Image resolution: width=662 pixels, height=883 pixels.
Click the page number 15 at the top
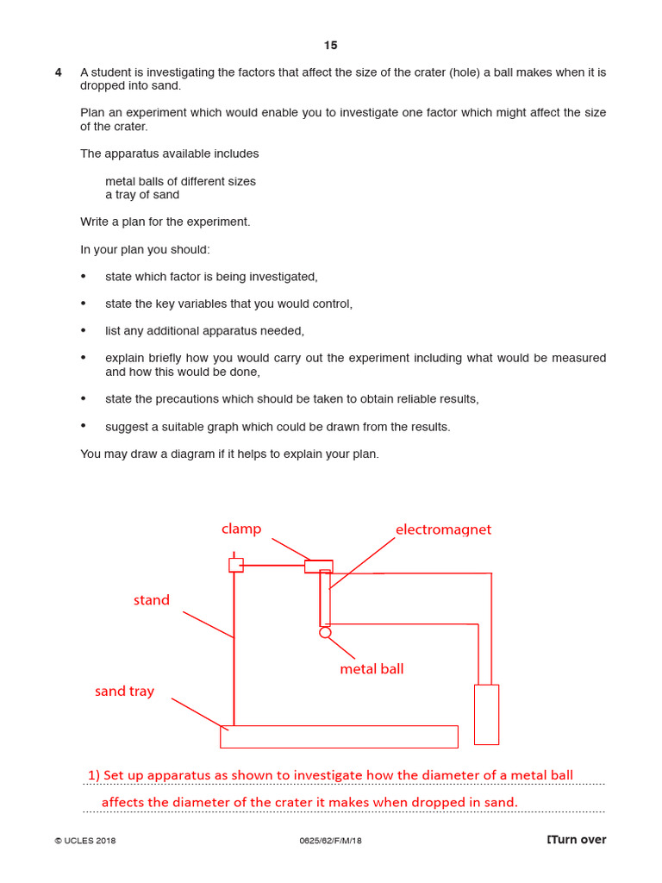point(331,46)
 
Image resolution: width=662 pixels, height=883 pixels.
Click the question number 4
point(59,72)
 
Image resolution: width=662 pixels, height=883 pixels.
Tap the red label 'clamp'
point(241,529)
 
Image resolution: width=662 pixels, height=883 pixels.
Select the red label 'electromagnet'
point(443,529)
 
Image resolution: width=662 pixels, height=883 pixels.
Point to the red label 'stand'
point(152,600)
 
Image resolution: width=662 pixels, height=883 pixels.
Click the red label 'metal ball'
point(372,668)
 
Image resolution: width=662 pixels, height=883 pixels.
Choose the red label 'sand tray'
point(124,691)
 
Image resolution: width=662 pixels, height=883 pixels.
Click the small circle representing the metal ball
point(325,633)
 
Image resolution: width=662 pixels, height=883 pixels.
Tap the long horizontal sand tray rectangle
point(339,736)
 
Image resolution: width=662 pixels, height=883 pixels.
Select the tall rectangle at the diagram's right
point(486,714)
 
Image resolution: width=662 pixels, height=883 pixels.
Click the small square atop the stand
point(235,565)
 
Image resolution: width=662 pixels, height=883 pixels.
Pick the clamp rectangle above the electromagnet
point(318,567)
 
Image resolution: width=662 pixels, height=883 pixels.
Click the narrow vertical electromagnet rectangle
point(325,598)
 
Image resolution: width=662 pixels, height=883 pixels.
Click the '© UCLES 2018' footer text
point(84,841)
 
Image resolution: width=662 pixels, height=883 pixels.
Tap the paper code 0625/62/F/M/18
point(330,841)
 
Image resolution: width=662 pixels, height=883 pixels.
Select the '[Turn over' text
point(577,840)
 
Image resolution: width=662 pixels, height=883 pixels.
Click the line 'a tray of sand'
point(142,195)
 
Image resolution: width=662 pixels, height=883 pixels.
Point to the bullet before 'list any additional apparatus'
point(84,330)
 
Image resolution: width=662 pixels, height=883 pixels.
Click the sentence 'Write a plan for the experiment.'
point(165,222)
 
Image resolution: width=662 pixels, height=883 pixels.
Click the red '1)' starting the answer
point(94,775)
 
